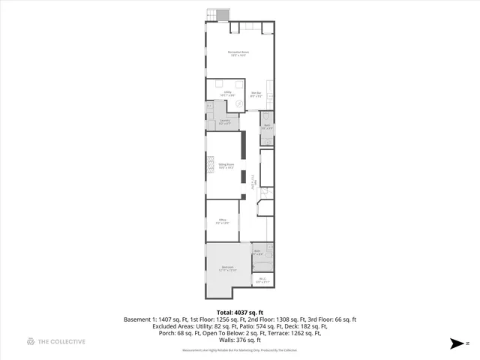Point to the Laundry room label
pyautogui.click(x=223, y=121)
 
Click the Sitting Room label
pyautogui.click(x=226, y=166)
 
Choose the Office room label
pyautogui.click(x=223, y=220)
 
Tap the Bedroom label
pyautogui.click(x=228, y=268)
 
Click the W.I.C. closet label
pyautogui.click(x=262, y=280)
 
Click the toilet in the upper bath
pyautogui.click(x=265, y=118)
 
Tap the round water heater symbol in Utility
pyautogui.click(x=239, y=104)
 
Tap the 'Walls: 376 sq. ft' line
pyautogui.click(x=240, y=339)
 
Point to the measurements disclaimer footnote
pyautogui.click(x=240, y=350)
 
